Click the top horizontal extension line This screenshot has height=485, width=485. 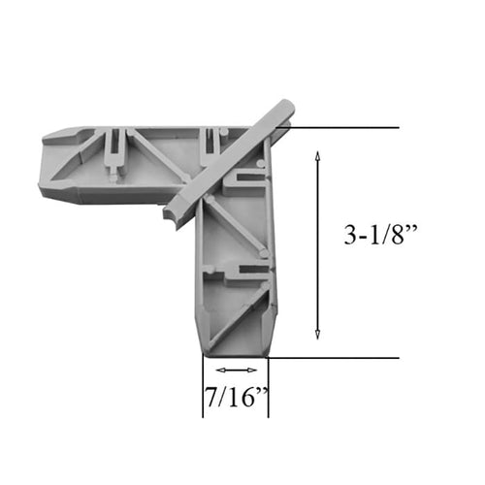pos(339,127)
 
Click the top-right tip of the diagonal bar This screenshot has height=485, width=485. pos(287,107)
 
